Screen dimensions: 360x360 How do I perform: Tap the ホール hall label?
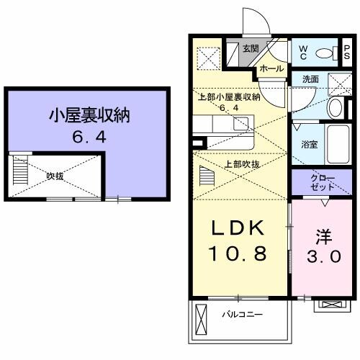tap(271, 68)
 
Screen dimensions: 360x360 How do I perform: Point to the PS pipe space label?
tap(346, 53)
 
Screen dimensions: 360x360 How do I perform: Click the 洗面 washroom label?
tap(310, 79)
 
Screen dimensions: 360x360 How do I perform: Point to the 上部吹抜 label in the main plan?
tap(243, 164)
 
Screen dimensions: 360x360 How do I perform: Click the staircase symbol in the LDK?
tap(208, 175)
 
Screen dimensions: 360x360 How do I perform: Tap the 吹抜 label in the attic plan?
tap(55, 175)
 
